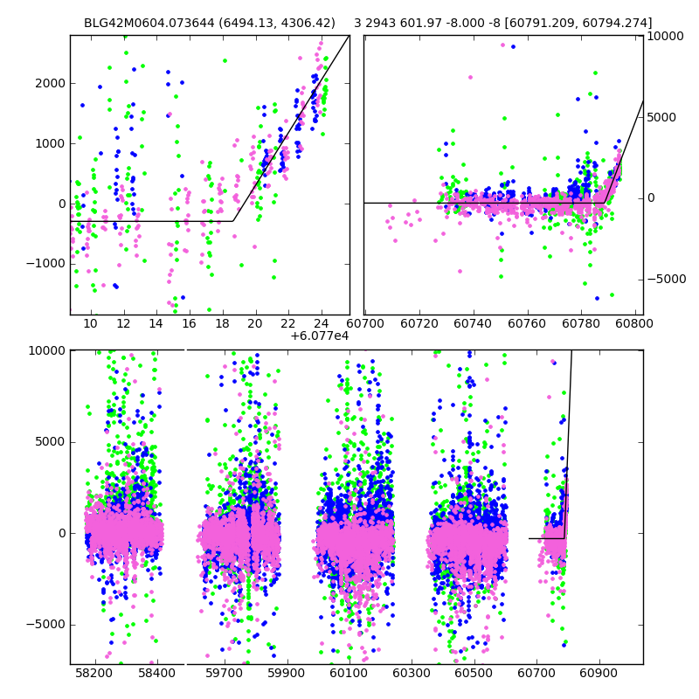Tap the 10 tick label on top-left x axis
click(90, 323)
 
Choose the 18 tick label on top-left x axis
click(223, 323)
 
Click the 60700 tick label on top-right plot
click(365, 323)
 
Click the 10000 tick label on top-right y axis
click(666, 36)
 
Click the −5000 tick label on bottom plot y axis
click(45, 624)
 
